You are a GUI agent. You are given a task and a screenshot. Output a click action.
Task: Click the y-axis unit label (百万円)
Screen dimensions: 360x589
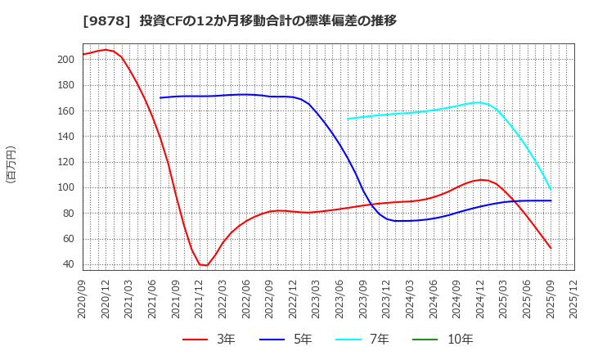coord(11,164)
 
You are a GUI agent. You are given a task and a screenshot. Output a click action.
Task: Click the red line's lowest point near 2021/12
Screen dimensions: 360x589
coord(205,265)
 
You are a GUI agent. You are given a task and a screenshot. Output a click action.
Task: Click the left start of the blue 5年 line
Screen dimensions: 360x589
coord(160,98)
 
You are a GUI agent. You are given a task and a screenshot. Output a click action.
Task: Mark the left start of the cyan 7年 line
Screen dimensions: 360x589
coord(348,119)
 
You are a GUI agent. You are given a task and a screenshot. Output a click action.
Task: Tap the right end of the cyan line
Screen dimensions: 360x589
coord(551,190)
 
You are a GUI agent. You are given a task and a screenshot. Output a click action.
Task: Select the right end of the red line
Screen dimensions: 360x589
coord(551,248)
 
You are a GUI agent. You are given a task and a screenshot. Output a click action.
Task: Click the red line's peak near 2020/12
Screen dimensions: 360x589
coord(106,50)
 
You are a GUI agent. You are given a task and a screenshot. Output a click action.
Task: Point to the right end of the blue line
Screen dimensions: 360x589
coord(551,200)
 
